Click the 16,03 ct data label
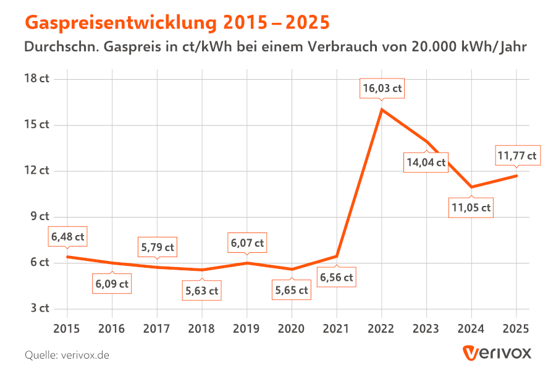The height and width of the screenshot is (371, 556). tap(382, 88)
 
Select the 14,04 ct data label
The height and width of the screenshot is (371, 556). tap(426, 163)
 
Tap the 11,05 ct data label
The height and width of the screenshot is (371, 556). tap(471, 208)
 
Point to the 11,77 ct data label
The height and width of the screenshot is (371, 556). tap(516, 155)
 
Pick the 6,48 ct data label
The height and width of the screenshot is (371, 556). tap(68, 237)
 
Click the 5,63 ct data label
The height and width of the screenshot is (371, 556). tap(201, 291)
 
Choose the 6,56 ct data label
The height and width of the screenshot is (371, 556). tap(336, 278)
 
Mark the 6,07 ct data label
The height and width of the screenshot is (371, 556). tap(247, 244)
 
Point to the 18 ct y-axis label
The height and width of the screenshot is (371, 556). tap(36, 79)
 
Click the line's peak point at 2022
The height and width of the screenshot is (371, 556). tap(382, 109)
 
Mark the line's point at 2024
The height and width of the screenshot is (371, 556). tap(471, 187)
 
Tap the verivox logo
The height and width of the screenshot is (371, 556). tap(497, 353)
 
